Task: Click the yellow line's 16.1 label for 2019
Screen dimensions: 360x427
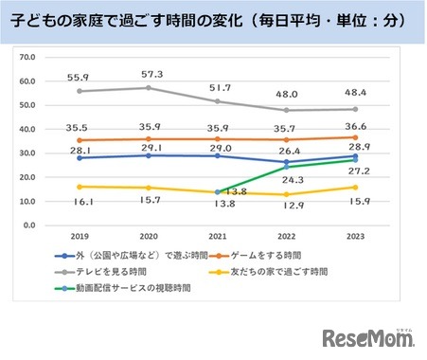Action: (62, 202)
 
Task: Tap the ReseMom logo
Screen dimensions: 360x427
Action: (370, 336)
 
